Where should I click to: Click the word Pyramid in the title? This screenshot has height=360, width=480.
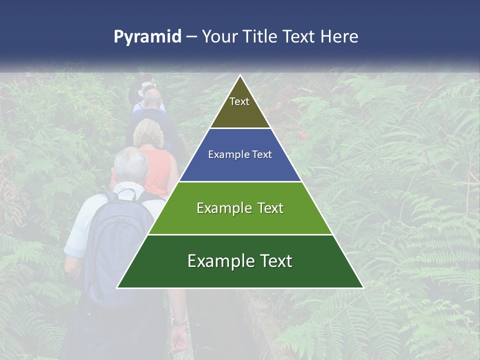pos(147,37)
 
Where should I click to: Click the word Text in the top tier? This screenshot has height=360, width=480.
pos(239,101)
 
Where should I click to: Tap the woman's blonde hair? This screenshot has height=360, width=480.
pos(148,132)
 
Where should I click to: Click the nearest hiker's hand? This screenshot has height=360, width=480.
pos(178,340)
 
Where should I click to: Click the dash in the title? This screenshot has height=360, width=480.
pos(191,37)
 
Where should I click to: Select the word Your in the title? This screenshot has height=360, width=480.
pos(219,36)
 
